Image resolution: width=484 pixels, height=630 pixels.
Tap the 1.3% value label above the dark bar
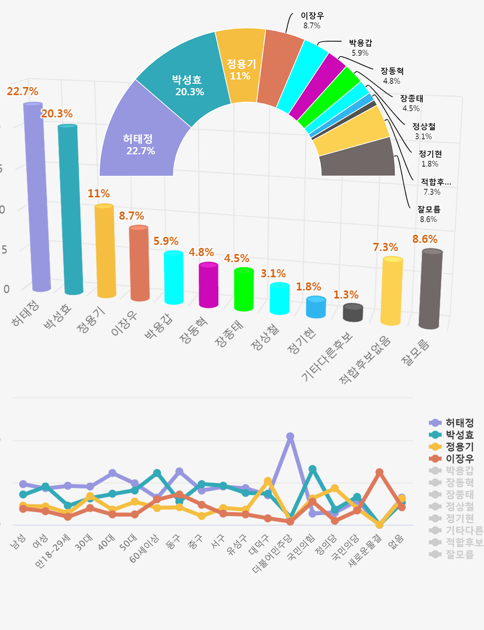pos(346,295)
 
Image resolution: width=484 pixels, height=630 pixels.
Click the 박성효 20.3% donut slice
pos(187,85)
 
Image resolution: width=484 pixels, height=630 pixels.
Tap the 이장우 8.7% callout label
pos(312,20)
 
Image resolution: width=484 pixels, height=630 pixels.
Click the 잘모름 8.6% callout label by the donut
pos(429,214)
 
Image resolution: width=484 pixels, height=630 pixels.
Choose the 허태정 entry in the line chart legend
pos(459,423)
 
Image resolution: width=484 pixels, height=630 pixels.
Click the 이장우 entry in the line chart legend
pos(459,458)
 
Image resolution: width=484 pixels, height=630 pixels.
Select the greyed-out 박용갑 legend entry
pos(459,470)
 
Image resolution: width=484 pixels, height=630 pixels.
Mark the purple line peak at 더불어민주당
pos(290,436)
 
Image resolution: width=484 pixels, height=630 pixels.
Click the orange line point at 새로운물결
pos(379,472)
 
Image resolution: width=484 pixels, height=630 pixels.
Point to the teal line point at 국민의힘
pos(313,469)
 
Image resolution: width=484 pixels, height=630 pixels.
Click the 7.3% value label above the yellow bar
pos(385,247)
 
